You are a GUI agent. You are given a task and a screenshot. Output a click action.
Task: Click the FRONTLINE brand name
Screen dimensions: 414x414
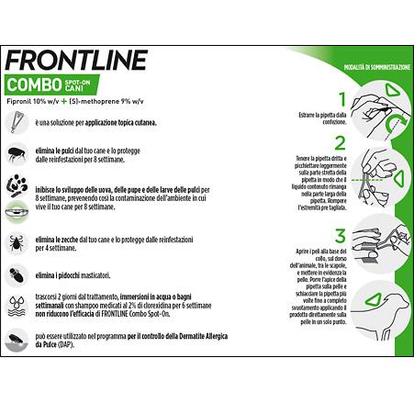coord(76,61)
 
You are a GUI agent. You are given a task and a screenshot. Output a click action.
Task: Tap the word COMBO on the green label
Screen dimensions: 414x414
coord(36,84)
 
